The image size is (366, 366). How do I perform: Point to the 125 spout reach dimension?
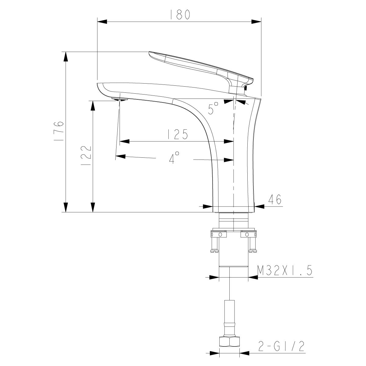coord(177,135)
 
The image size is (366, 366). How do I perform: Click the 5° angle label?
coord(213,109)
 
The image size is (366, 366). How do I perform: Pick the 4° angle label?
coord(174,158)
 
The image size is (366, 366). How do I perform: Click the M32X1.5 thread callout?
coord(285,271)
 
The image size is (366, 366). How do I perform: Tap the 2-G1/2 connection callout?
coord(281,346)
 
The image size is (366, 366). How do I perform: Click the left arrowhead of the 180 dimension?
coord(102,22)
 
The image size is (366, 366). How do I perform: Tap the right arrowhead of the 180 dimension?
coord(256,22)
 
